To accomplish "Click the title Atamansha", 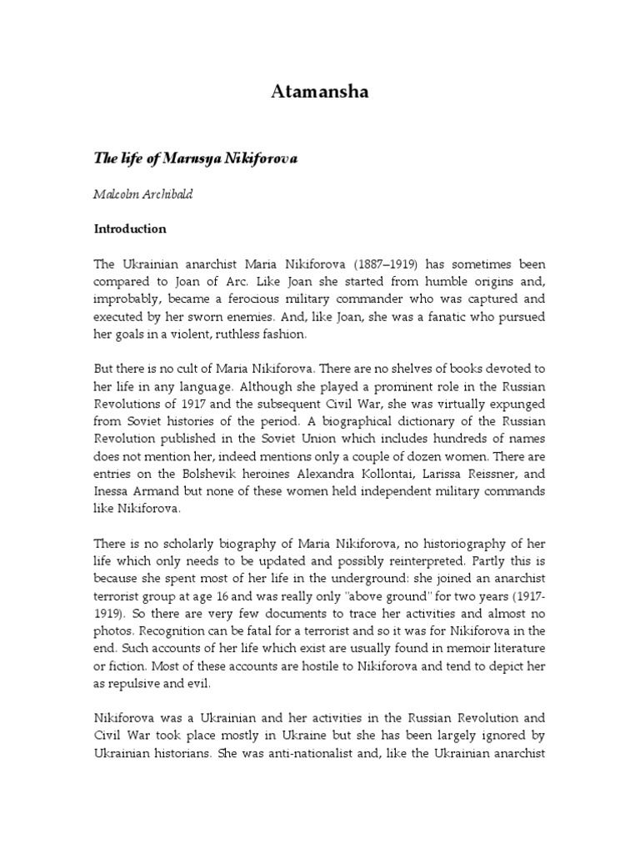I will tap(319, 93).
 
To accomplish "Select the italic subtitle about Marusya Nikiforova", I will tap(195, 158).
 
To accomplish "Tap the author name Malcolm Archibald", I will tap(147, 193).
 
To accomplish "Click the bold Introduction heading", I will tap(129, 229).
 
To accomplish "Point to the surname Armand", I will tap(158, 492).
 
